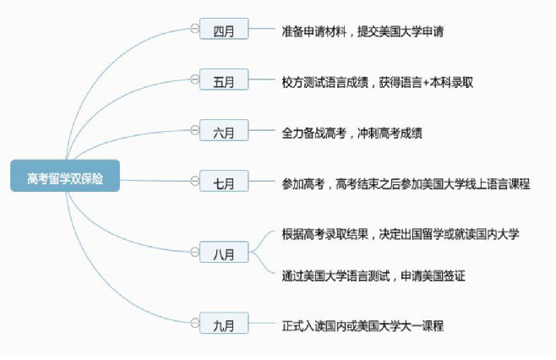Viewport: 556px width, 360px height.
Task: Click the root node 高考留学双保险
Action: (x=65, y=176)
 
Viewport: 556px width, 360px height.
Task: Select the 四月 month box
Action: (x=224, y=29)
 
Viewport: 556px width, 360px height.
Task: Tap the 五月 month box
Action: (x=224, y=79)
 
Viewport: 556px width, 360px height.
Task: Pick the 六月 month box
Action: (x=224, y=130)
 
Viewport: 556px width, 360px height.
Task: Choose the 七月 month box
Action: (x=224, y=181)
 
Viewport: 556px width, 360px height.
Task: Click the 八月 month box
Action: (x=224, y=252)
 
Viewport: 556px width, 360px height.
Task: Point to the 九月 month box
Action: (x=224, y=323)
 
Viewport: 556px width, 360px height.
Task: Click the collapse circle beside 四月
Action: (x=194, y=29)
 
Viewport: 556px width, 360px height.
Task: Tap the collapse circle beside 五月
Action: (x=194, y=79)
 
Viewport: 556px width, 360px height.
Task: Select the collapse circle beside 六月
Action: (x=194, y=130)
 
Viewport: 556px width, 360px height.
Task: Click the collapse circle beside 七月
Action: (x=194, y=181)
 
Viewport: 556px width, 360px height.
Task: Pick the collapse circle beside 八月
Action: (x=194, y=252)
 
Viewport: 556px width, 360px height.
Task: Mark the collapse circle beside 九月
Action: (x=194, y=323)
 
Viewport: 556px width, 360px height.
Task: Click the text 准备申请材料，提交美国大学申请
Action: (x=362, y=31)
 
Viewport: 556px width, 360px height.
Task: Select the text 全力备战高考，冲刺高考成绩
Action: (x=352, y=134)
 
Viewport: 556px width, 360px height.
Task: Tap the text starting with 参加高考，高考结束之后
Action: (x=406, y=184)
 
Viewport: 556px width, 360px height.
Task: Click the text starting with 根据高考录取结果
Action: (x=401, y=234)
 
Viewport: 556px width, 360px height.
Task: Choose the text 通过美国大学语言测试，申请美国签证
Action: (x=373, y=276)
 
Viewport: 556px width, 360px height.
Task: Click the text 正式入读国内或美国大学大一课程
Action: (x=362, y=326)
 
